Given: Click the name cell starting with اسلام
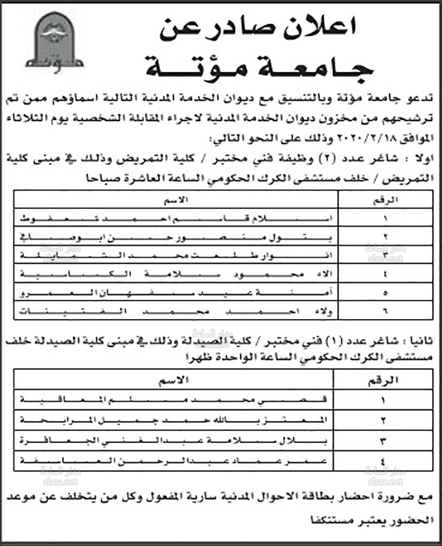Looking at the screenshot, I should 177,218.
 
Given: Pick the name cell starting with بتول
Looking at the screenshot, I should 177,237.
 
